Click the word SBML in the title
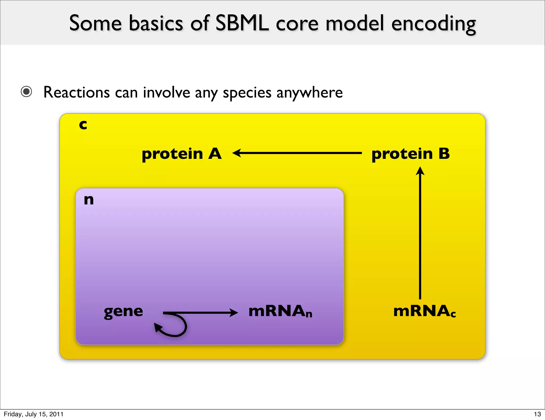tap(242, 23)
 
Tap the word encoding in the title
tap(433, 24)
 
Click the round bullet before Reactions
tap(26, 92)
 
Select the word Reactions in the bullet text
tap(77, 92)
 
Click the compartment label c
tap(83, 125)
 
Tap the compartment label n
tap(89, 200)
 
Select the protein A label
tap(181, 154)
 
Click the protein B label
tap(410, 154)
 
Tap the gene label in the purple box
tap(123, 312)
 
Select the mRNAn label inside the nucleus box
tap(280, 311)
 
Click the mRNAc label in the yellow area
tap(424, 311)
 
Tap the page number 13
tap(537, 414)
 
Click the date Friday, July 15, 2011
tap(34, 414)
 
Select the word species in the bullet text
tap(247, 93)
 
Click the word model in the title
tap(355, 23)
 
